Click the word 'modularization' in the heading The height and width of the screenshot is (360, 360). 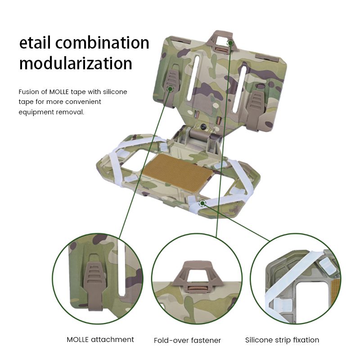point(76,63)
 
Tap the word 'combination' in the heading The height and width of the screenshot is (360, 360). point(102,43)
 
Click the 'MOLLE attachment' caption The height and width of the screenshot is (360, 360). point(100,339)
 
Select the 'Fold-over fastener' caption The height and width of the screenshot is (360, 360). point(187,340)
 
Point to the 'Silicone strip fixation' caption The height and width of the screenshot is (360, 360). point(282,340)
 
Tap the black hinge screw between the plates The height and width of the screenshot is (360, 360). point(203,126)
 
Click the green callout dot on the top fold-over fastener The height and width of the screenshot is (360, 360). point(230,43)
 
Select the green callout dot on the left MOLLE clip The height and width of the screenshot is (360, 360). point(170,89)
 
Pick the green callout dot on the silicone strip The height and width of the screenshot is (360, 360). point(202,203)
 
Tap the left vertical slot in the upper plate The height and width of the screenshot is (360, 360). point(193,77)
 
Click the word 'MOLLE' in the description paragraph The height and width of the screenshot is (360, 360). point(59,92)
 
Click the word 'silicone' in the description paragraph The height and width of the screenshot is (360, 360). point(115,92)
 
